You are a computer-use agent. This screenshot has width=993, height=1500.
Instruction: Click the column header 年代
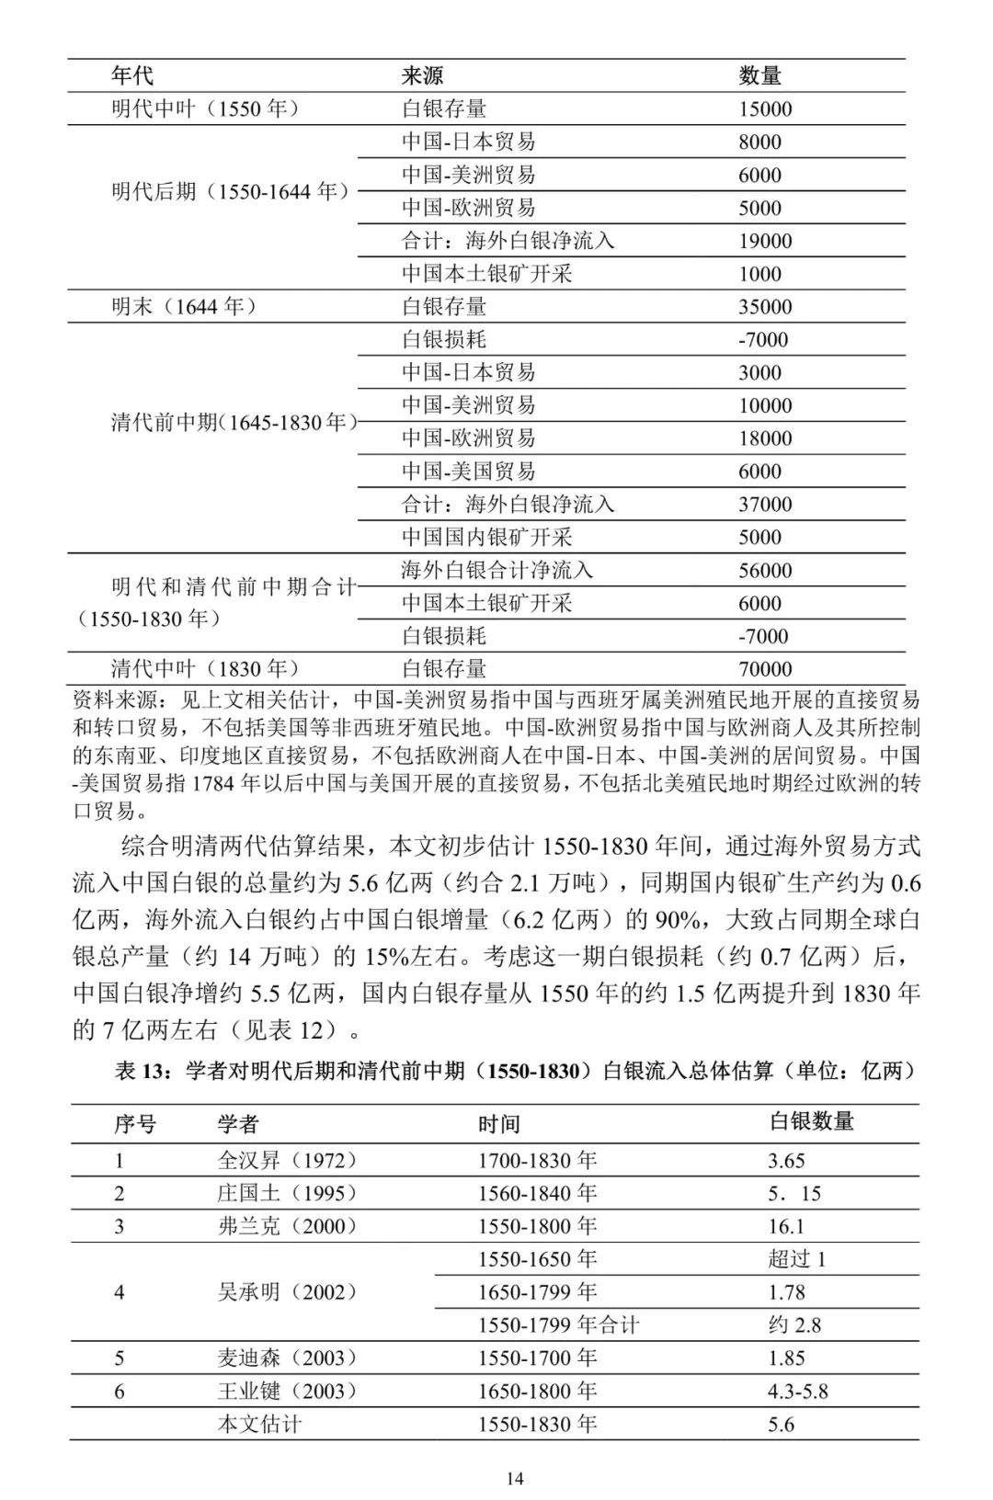click(x=132, y=75)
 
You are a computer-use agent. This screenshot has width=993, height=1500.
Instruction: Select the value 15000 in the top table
click(x=765, y=108)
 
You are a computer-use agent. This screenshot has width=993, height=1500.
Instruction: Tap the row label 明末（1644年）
click(x=184, y=306)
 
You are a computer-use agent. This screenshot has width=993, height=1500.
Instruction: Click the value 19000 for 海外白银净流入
click(x=765, y=241)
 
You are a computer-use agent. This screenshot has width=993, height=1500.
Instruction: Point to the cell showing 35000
click(x=765, y=307)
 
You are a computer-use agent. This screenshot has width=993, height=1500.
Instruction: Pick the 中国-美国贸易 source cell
click(x=468, y=472)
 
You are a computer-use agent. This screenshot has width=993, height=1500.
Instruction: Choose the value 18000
click(x=765, y=438)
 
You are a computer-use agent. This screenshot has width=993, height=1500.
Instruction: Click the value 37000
click(x=765, y=505)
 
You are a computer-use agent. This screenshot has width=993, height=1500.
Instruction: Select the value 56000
click(x=765, y=571)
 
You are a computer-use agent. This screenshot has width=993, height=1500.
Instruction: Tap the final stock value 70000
click(x=765, y=669)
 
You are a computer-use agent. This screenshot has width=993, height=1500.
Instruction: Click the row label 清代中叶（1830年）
click(x=205, y=668)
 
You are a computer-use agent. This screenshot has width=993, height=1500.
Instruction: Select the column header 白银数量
click(x=811, y=1121)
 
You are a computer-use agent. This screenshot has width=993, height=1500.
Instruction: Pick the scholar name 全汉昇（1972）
click(x=287, y=1160)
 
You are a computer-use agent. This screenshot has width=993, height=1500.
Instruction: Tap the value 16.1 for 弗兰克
click(x=786, y=1226)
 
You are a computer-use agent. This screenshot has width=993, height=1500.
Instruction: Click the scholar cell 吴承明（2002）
click(x=287, y=1292)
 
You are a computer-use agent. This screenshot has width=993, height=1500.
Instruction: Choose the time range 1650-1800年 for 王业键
click(x=537, y=1391)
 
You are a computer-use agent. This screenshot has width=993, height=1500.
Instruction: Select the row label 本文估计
click(x=259, y=1424)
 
